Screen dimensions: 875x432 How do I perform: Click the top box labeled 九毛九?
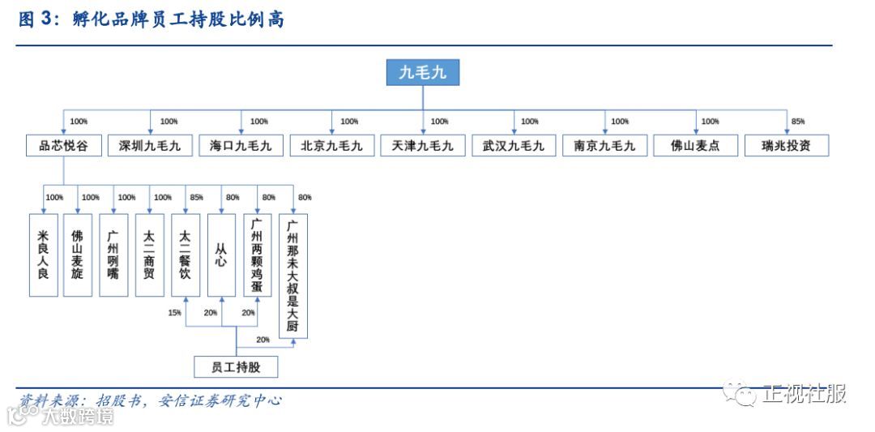422,73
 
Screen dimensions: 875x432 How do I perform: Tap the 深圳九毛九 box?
150,146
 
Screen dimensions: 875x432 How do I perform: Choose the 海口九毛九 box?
241,146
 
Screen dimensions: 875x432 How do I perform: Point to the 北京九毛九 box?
331,146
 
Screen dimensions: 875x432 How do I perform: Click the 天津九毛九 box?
422,146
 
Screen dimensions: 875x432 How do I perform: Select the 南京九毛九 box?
604,146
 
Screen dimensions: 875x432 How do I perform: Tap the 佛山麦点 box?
695,146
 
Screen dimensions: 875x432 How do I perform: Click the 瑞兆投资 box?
786,146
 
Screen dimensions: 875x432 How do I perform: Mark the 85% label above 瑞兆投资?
798,122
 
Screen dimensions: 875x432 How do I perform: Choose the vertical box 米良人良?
43,254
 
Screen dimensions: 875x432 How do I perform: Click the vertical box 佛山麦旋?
78,254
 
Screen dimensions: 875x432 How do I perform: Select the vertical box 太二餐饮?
186,254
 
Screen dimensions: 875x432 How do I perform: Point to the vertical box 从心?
221,254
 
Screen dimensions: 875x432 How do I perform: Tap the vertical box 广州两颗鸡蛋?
257,254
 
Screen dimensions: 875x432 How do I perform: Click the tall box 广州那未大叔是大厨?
293,276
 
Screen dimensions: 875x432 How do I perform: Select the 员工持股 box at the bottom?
236,366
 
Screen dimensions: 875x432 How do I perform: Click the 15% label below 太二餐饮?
175,313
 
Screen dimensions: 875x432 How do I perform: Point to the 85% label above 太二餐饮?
196,197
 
